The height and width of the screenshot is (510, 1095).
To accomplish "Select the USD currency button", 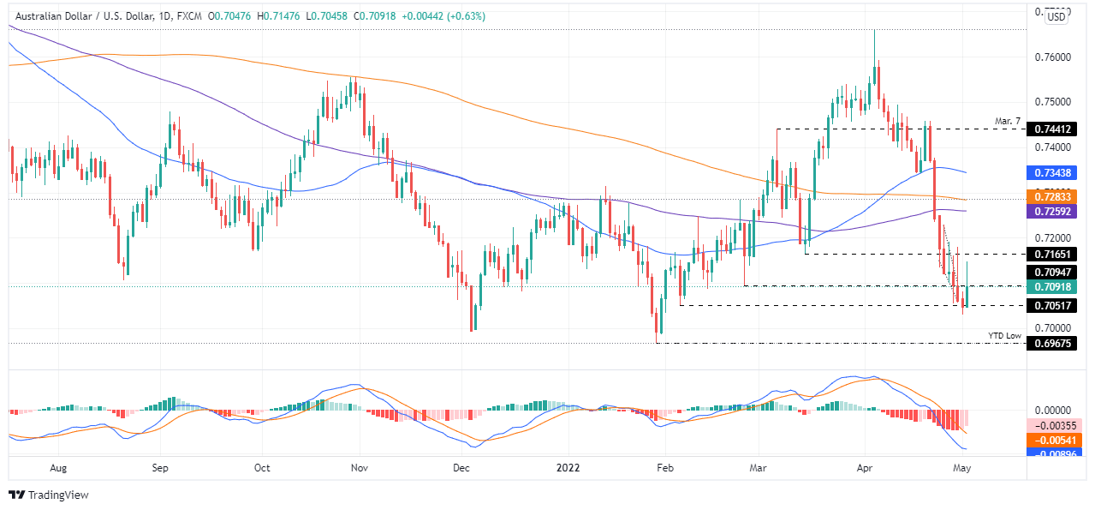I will [1057, 16].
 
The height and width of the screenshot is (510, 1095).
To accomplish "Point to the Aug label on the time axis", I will [58, 468].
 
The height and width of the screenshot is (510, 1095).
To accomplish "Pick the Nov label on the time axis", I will [360, 468].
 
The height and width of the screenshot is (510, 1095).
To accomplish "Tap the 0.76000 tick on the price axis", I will [1052, 57].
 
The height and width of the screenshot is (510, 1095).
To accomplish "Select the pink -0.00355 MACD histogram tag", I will [1054, 425].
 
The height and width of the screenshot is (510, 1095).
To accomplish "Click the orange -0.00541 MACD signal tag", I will [1054, 440].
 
